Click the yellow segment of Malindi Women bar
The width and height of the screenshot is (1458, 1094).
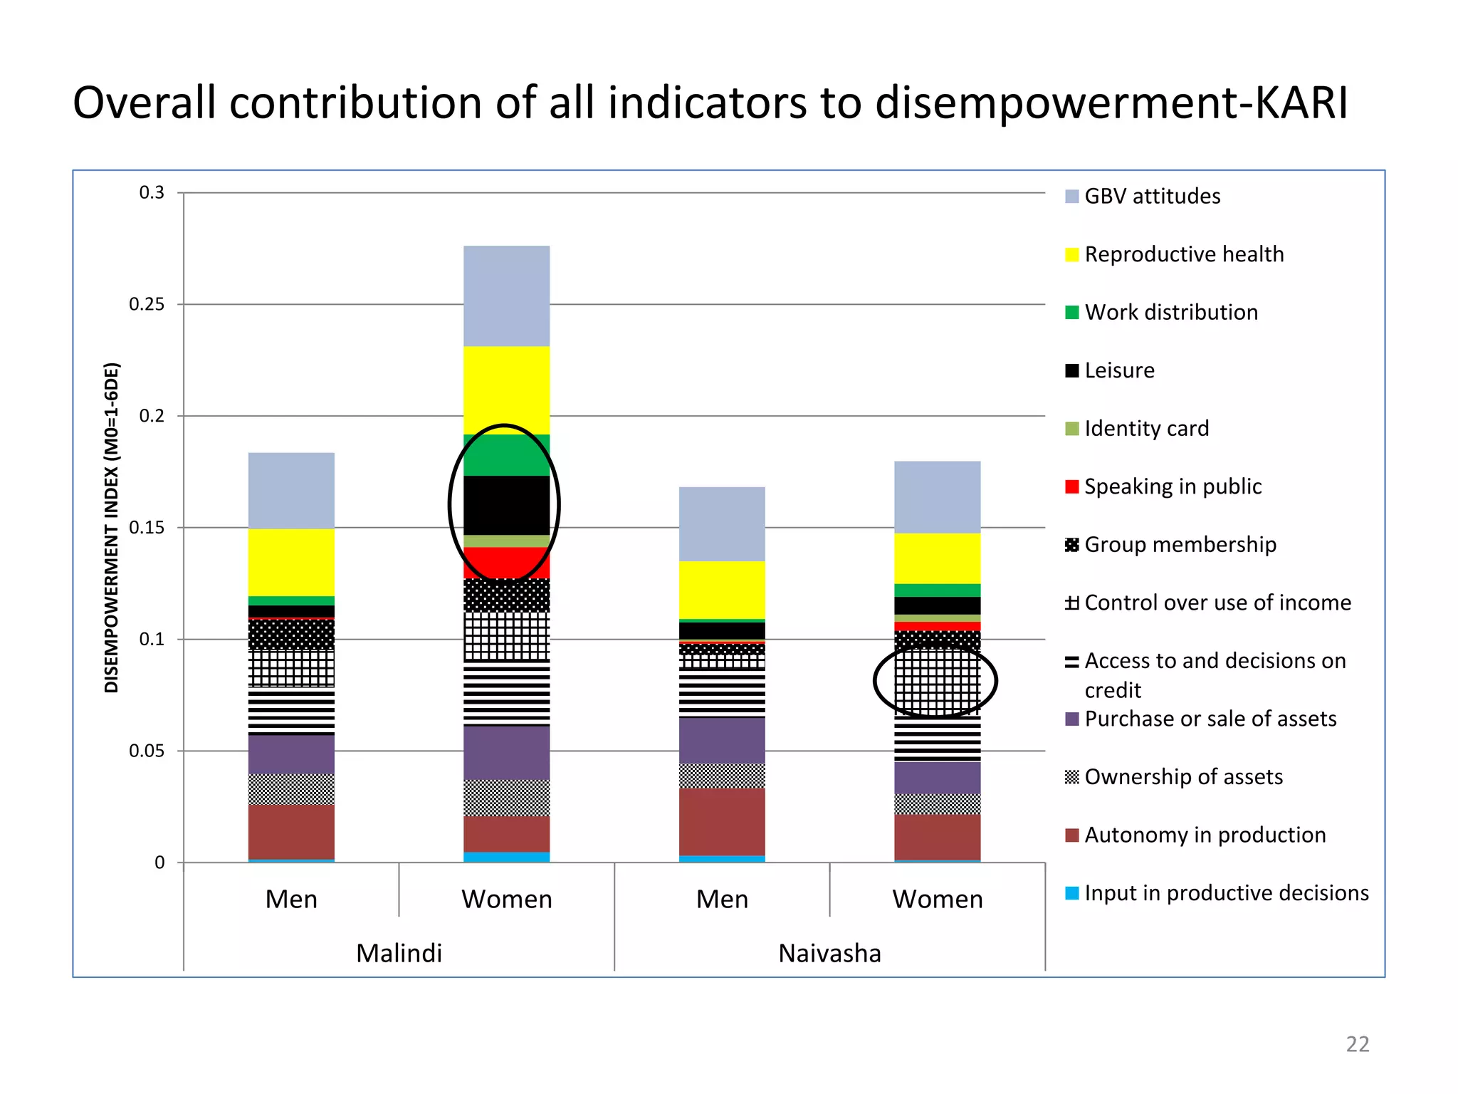pos(506,390)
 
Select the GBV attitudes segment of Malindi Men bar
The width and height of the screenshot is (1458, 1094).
pos(291,490)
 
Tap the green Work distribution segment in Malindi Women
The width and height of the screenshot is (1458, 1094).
pos(506,455)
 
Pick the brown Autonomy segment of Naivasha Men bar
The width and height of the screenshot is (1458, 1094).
pos(722,821)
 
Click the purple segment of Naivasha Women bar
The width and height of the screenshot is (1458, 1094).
pos(937,778)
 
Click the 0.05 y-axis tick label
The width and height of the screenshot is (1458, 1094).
pos(147,751)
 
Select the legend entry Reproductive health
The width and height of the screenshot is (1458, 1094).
pos(1183,254)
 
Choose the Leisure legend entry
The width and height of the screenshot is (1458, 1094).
pos(1118,370)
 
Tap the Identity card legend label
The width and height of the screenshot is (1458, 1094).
pos(1145,429)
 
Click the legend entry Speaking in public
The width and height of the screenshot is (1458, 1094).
pos(1172,486)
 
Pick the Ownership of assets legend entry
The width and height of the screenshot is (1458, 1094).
pos(1182,777)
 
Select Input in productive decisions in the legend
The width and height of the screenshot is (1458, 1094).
pos(1225,893)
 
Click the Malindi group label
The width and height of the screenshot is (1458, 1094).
pos(399,953)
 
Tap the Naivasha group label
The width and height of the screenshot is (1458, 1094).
pos(829,953)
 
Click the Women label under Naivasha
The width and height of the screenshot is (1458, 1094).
pos(937,900)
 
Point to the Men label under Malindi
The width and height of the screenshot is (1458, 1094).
pos(291,900)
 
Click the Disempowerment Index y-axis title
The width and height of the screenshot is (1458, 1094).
pos(112,527)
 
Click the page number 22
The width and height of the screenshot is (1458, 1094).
pos(1357,1044)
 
